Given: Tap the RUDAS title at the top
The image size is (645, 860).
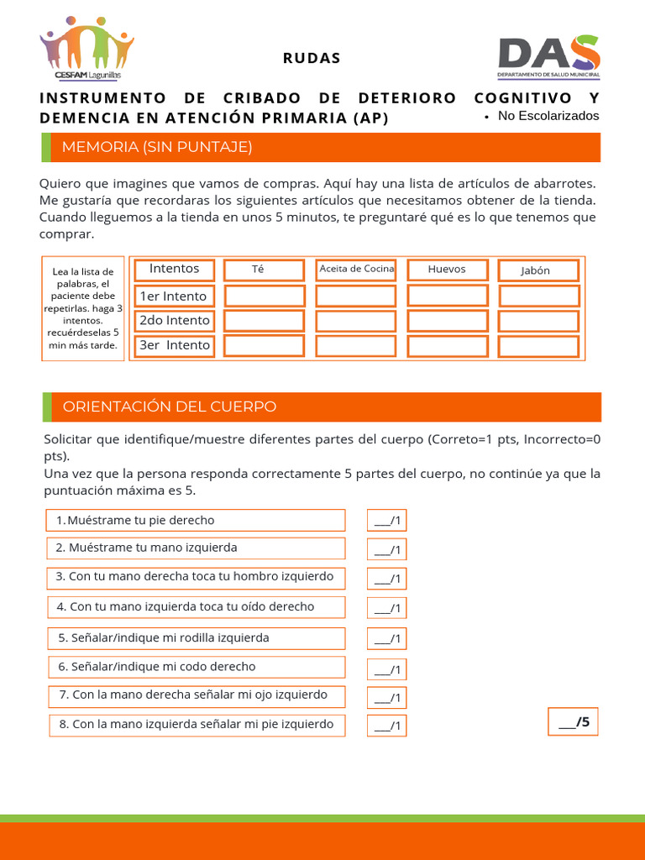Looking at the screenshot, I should coord(312,58).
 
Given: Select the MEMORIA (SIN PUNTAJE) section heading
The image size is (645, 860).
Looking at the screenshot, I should coord(157,147).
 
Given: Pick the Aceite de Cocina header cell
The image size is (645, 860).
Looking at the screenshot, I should coord(356,270).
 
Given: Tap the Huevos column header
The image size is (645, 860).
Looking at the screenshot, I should coord(447,270).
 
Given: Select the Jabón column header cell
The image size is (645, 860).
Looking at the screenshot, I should coord(537,270).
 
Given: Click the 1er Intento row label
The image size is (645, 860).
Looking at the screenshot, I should coord(173,296).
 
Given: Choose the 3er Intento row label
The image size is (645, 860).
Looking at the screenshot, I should coord(175,345).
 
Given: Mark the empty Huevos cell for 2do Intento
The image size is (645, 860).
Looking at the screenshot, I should coord(447,321).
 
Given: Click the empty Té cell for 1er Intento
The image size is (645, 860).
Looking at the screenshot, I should coord(264,296).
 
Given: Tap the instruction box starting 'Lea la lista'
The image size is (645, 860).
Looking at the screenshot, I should coord(83,308).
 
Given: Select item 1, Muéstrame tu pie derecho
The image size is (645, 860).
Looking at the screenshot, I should coord(195,521).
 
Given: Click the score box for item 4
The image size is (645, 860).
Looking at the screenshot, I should coord(386,608).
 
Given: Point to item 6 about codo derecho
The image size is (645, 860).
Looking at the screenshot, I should coord(195,667).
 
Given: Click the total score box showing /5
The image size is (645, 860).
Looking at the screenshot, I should coord(574,721).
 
